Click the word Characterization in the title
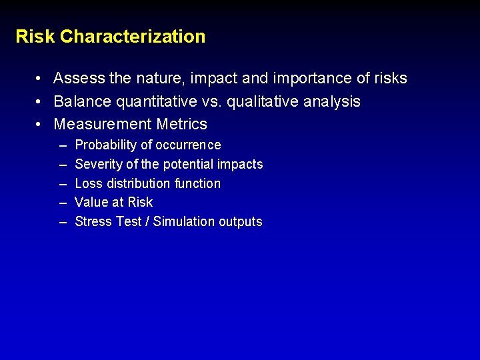click(133, 36)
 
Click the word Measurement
click(103, 125)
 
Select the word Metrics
click(182, 125)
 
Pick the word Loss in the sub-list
click(88, 183)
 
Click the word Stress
click(93, 221)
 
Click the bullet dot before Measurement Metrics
click(40, 125)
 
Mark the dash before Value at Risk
click(63, 203)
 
